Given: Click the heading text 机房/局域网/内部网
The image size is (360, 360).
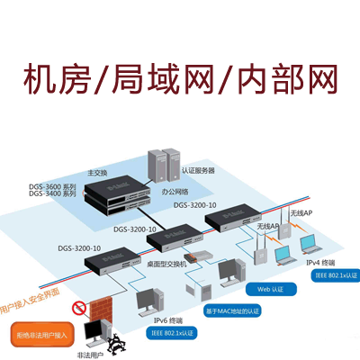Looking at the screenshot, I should point(179,80).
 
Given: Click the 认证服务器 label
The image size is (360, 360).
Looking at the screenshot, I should point(198,170).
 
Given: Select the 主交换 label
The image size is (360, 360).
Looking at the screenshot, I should point(96,173).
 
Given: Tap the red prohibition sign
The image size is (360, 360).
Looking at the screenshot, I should point(79,308).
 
